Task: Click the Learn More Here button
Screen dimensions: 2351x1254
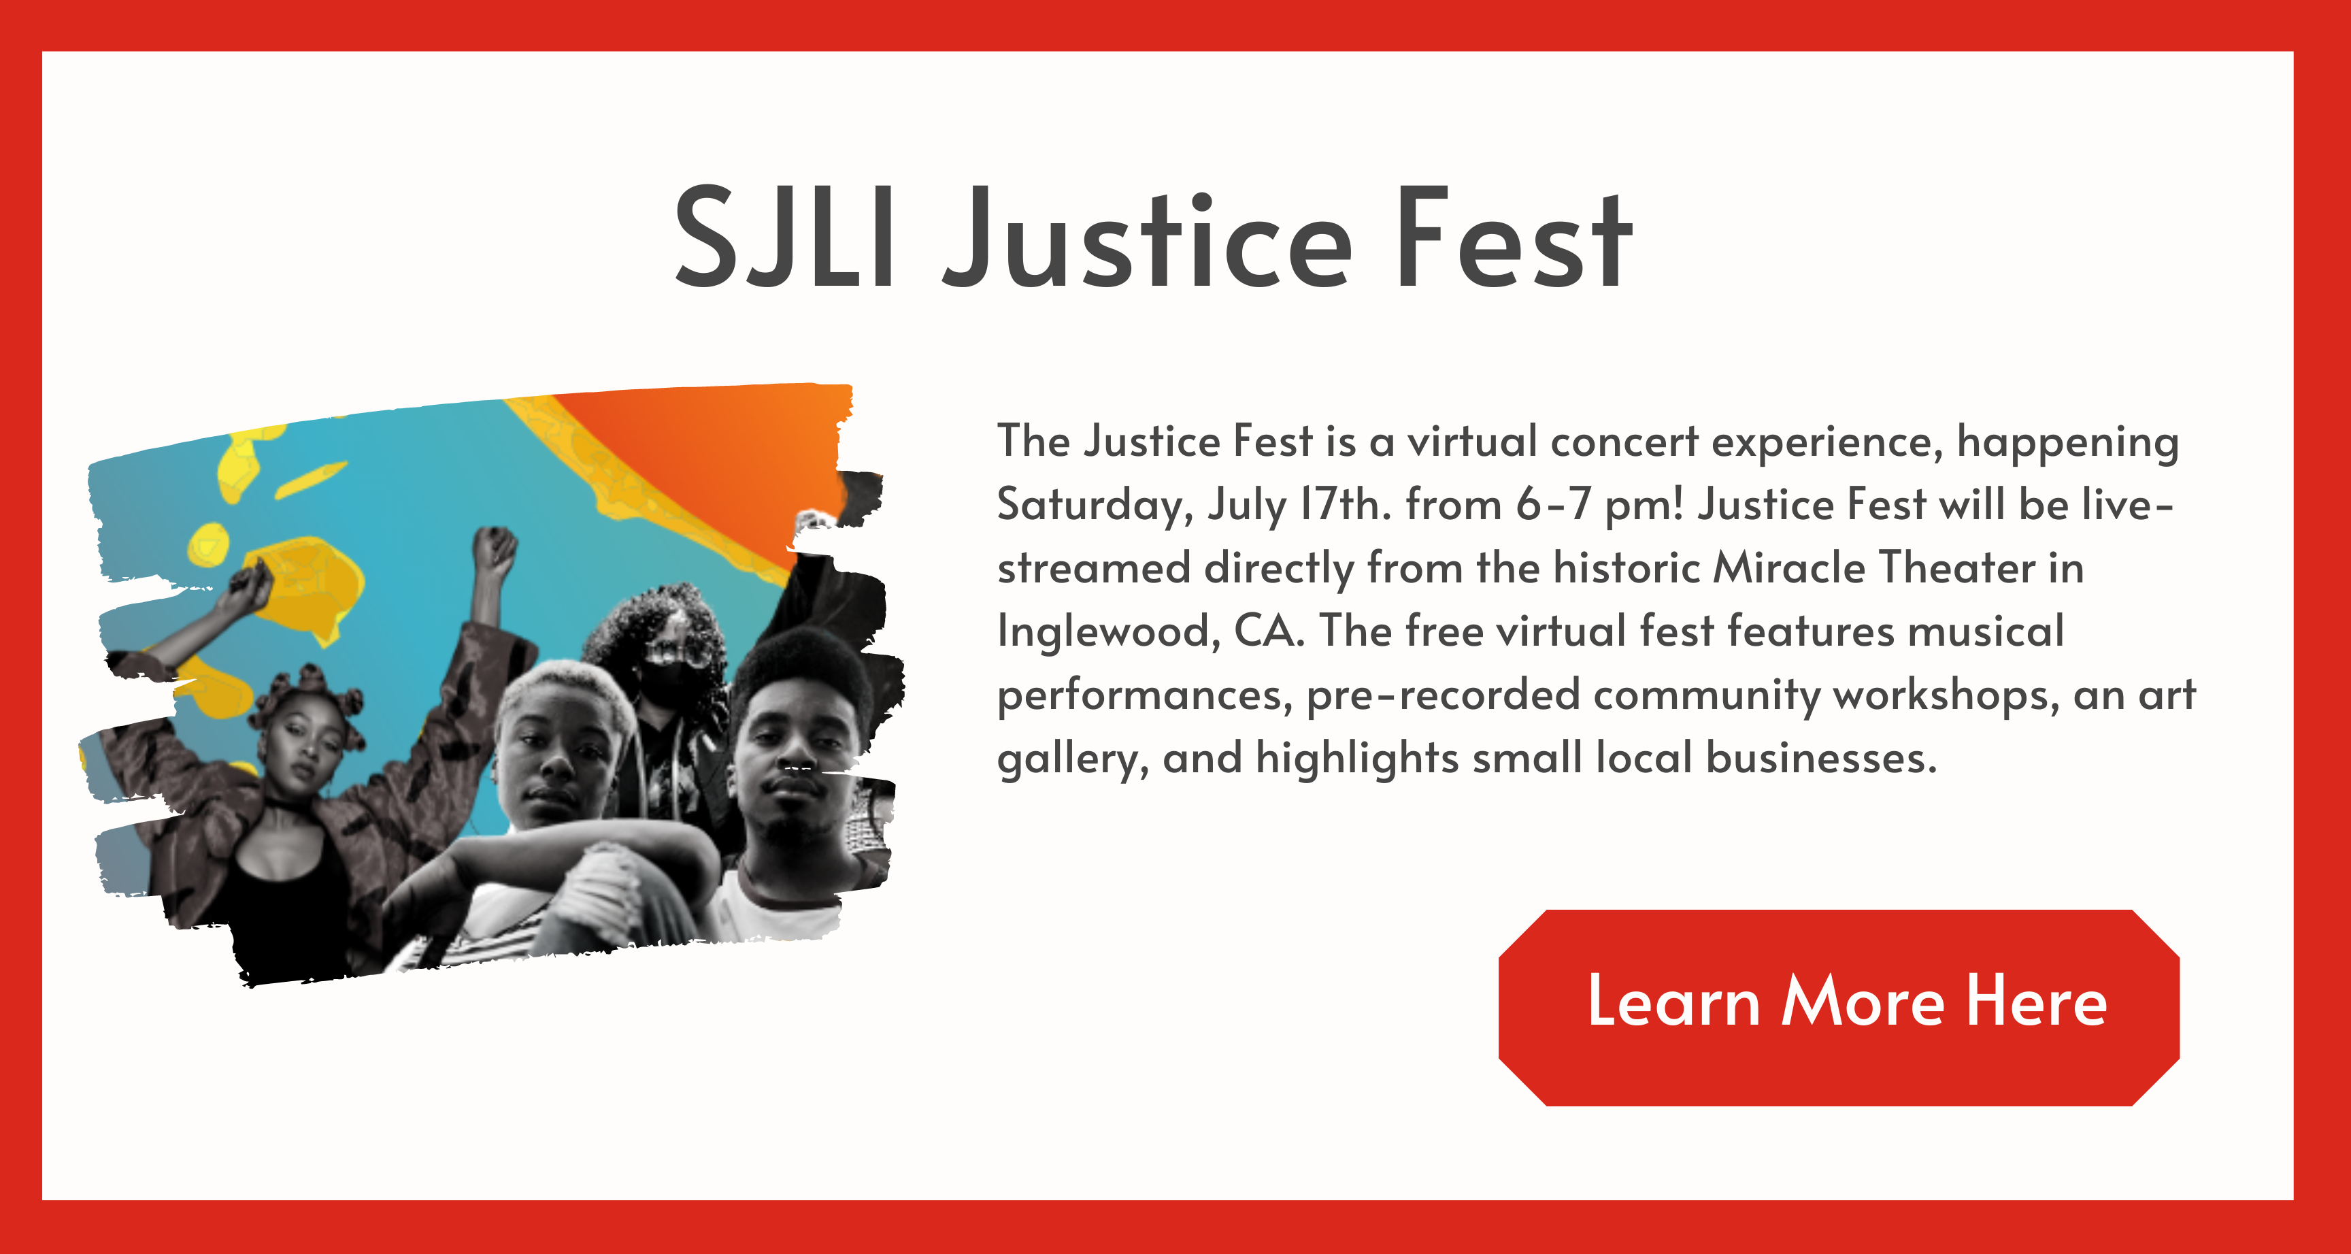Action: [1839, 1008]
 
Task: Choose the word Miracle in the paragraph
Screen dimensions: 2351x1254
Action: [1789, 567]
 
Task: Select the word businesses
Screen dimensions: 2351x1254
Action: [1821, 757]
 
